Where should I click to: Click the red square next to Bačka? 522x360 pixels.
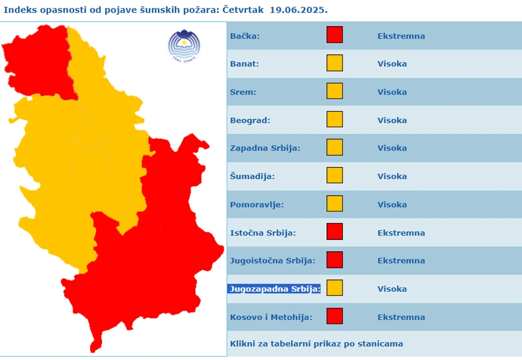[334, 34]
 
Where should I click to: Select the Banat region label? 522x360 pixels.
[244, 64]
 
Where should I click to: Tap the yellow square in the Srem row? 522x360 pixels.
[334, 91]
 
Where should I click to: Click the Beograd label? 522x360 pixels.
[250, 120]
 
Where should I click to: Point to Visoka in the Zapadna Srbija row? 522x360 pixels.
[392, 148]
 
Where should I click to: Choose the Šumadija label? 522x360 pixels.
[252, 177]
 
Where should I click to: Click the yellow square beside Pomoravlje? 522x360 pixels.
[334, 203]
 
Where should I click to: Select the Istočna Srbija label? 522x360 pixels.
[263, 233]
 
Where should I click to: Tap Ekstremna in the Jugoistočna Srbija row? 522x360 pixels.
[401, 261]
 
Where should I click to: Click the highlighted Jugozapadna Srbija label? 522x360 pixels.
[274, 289]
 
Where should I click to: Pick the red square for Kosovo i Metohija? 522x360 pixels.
[334, 316]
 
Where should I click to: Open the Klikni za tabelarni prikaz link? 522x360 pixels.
[316, 344]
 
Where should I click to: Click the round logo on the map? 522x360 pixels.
[184, 43]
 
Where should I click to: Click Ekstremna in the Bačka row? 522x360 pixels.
[401, 36]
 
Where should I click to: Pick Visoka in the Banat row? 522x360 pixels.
[392, 64]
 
